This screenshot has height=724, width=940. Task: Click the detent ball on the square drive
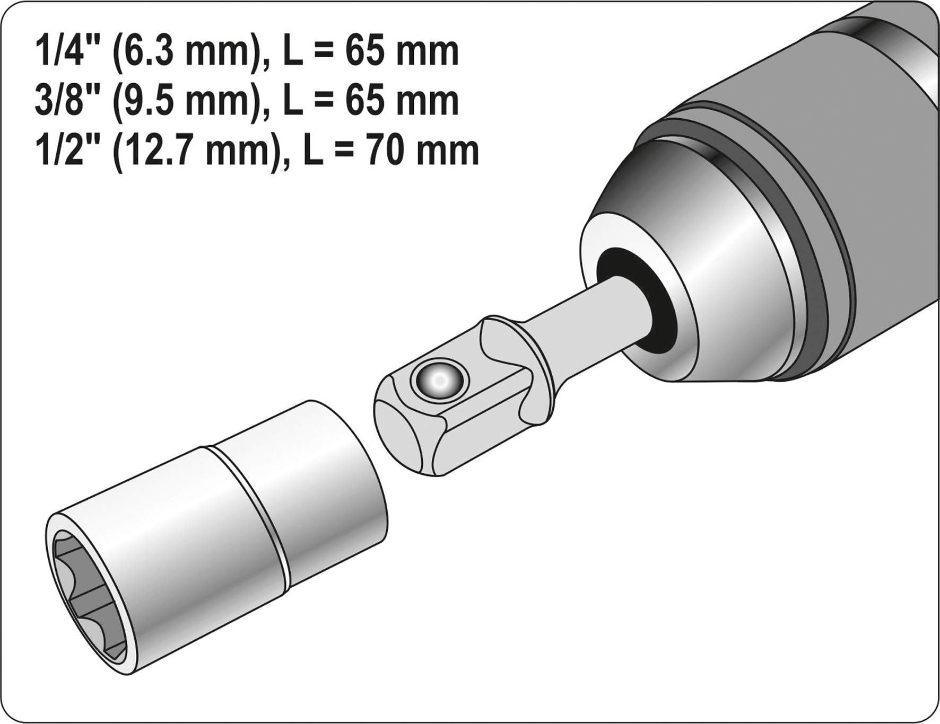coord(439,379)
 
